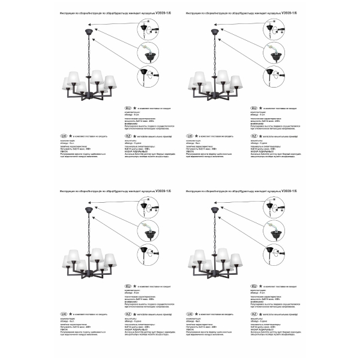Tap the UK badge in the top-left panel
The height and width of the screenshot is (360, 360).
[x=64, y=137]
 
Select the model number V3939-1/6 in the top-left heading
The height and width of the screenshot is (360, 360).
[x=162, y=13]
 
